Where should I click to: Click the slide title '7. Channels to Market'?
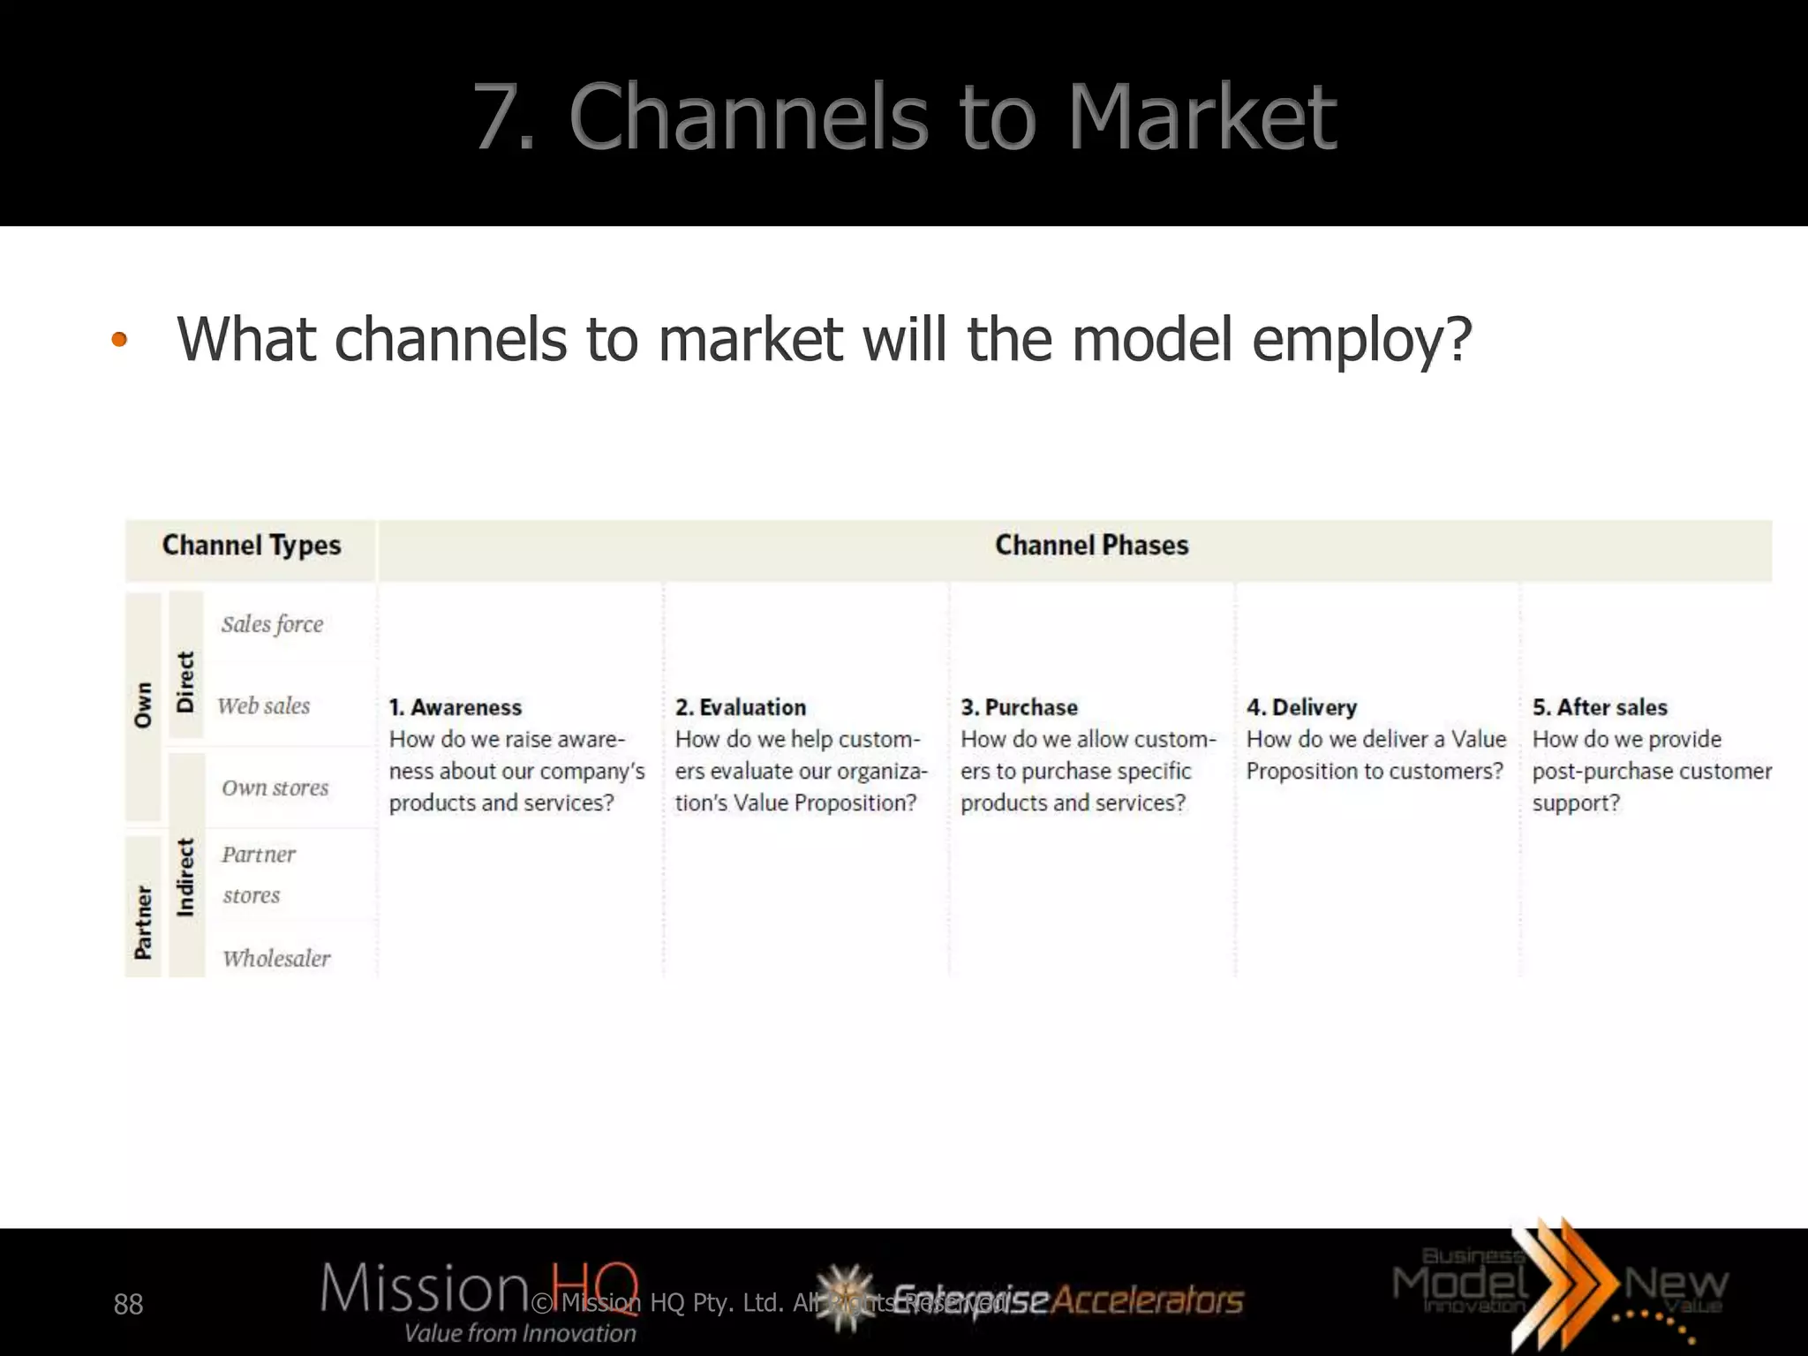click(905, 117)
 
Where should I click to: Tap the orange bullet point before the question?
click(119, 340)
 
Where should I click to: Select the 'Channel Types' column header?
click(252, 546)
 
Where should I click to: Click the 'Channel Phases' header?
click(1092, 546)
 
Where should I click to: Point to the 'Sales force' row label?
click(272, 624)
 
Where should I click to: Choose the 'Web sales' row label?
click(264, 706)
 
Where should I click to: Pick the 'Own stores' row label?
click(275, 787)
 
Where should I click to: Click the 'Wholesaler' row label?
click(276, 959)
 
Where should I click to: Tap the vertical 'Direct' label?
click(185, 682)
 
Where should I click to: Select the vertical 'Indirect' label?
click(185, 877)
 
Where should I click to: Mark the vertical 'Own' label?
click(143, 704)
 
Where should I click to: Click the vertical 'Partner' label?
click(143, 922)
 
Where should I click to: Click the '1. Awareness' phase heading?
click(456, 707)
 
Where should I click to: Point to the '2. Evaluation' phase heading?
click(741, 707)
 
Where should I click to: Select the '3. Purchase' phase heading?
click(1019, 707)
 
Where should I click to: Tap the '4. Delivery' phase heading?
click(1301, 707)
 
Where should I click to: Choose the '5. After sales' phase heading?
click(1600, 707)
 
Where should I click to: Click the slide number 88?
click(128, 1304)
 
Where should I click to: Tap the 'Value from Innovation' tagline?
click(520, 1333)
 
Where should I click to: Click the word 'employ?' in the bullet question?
click(1362, 340)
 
